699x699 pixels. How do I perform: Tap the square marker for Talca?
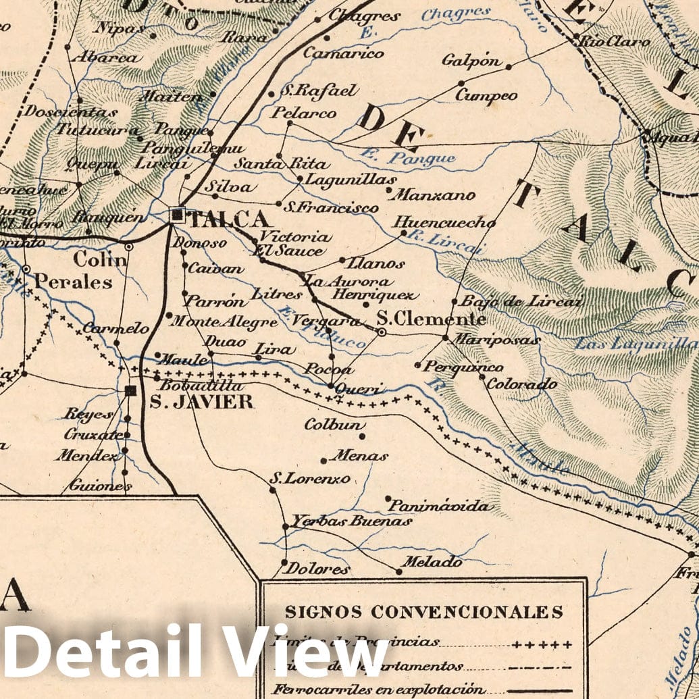tap(178, 215)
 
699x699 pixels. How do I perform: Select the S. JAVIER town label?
tap(201, 403)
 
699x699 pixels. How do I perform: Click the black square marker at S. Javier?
tap(130, 390)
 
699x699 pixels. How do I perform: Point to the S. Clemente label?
tap(431, 319)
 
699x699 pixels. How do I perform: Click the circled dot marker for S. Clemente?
tap(382, 332)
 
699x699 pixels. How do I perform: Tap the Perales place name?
tap(73, 282)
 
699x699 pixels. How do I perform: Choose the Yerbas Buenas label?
tap(351, 521)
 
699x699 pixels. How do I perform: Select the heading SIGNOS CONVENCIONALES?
tap(423, 612)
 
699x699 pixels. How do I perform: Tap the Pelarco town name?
tap(303, 113)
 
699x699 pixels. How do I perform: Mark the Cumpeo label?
tap(486, 95)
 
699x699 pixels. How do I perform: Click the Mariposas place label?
tap(496, 340)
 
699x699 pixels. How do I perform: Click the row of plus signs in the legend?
tap(542, 644)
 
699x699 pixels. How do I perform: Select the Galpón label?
tap(471, 61)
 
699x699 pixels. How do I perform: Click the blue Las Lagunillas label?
tap(635, 344)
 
